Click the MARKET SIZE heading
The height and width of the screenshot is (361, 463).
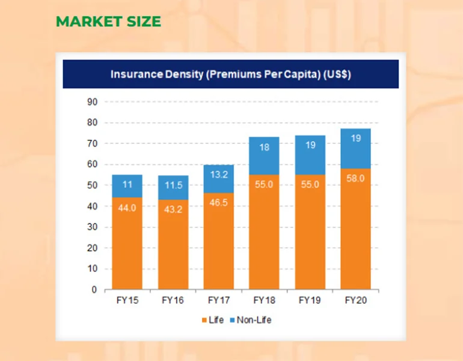[108, 22]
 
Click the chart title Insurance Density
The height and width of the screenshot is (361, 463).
[230, 75]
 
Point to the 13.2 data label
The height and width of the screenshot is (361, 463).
[219, 174]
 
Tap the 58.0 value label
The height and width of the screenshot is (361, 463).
[356, 179]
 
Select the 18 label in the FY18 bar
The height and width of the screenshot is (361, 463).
[265, 147]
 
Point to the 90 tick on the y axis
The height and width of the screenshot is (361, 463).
[92, 102]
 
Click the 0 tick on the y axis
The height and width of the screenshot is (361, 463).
[94, 289]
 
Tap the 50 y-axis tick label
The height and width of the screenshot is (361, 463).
[92, 185]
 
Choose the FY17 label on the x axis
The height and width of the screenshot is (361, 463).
[219, 300]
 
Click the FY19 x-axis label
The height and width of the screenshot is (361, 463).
[310, 300]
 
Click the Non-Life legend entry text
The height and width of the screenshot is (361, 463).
[254, 320]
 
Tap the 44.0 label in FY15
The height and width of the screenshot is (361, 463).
[127, 208]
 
